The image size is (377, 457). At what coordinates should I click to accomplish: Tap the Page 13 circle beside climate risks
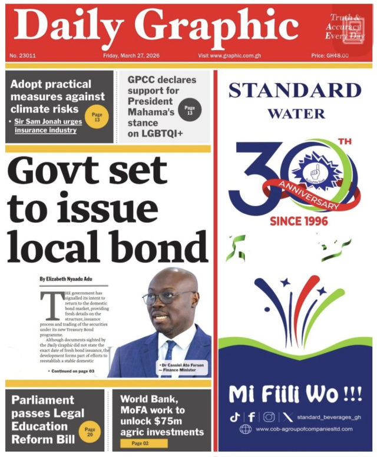pos(97,117)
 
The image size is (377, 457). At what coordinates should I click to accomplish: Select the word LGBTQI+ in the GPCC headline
pos(156,134)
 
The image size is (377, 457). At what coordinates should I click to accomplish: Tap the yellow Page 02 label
pos(140,443)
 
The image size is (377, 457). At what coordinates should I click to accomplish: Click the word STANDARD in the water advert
pos(295,91)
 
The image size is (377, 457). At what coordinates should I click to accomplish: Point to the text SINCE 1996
pos(299,221)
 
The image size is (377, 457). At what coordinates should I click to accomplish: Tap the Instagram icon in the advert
pos(269,417)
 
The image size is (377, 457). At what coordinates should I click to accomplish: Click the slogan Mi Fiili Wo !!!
pos(295,394)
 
